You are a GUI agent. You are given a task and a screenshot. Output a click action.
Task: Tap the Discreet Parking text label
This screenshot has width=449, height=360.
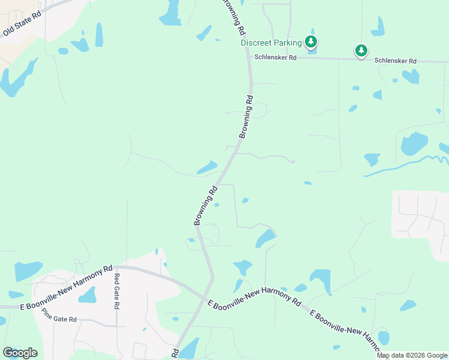tap(271, 43)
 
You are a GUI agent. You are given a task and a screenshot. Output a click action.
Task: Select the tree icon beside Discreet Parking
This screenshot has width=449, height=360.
tap(311, 42)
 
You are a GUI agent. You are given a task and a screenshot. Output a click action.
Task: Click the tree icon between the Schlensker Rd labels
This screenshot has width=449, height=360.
tap(361, 51)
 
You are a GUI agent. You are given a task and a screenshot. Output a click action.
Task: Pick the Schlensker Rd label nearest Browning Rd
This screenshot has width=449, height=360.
tap(276, 58)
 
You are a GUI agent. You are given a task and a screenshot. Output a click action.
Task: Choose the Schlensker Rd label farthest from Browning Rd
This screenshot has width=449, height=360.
tap(396, 61)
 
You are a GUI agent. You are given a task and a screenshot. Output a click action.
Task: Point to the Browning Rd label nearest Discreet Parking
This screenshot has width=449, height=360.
tap(235, 16)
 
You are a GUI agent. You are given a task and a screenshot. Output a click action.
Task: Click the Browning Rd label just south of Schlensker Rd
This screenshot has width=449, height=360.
tap(246, 116)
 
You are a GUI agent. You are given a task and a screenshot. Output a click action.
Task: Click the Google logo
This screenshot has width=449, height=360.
tap(20, 352)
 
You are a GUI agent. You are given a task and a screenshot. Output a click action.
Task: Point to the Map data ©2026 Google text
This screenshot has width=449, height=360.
tap(412, 355)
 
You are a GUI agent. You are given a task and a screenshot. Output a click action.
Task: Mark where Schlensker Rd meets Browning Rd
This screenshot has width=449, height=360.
tap(250, 58)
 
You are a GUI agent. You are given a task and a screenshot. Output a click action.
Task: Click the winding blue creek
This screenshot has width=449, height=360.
tap(408, 164)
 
